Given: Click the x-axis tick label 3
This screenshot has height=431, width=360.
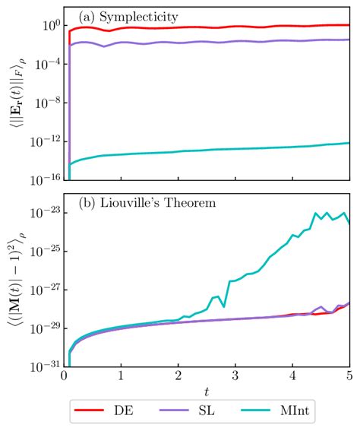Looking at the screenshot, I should pyautogui.click(x=235, y=376).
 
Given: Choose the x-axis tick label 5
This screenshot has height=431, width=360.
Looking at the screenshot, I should pyautogui.click(x=349, y=376).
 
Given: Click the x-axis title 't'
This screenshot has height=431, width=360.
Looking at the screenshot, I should pyautogui.click(x=207, y=391).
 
